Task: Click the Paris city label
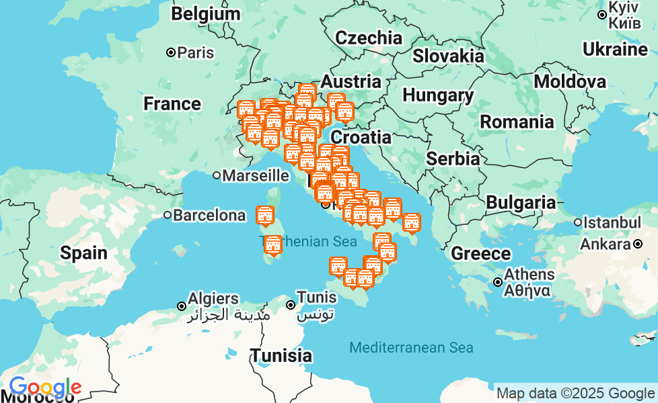195,52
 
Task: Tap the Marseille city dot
217,176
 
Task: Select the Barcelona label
209,216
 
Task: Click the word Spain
83,253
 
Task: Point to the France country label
172,104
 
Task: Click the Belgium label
205,14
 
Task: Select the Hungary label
438,96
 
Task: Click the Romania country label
517,122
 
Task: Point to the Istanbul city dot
578,222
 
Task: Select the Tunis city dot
291,305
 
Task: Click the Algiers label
213,298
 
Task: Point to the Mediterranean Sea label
411,348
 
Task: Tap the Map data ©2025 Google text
575,394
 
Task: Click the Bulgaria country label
521,203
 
